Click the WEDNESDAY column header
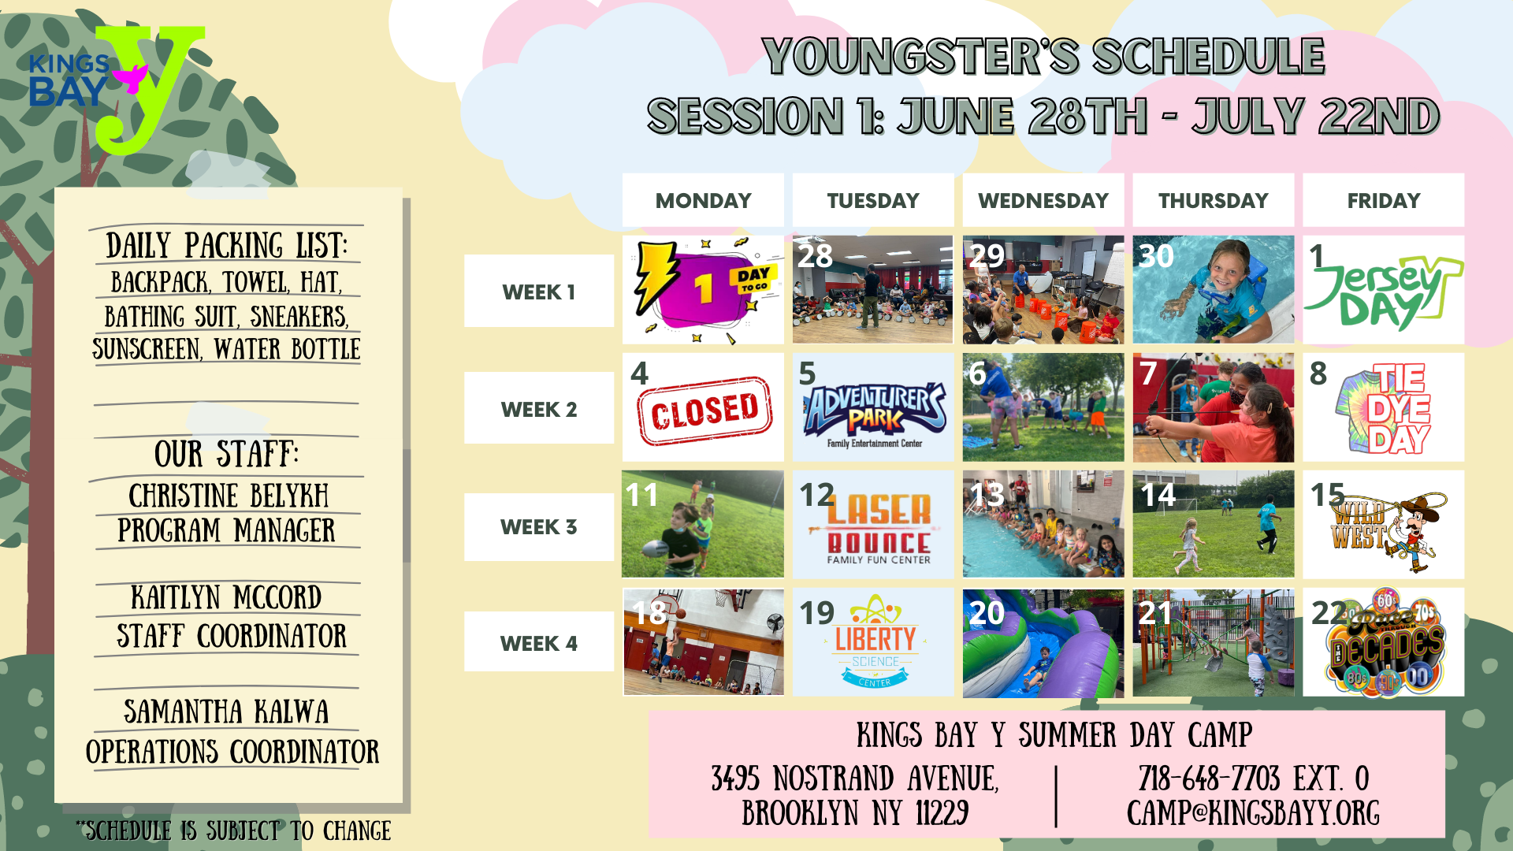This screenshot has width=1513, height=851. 1043,200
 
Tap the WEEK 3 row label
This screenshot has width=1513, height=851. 539,526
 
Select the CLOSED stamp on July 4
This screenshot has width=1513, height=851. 704,411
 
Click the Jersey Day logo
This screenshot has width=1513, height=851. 1384,292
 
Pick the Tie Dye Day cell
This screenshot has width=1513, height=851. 1384,407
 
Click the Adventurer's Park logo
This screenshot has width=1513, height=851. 875,414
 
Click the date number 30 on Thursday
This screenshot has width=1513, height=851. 1156,256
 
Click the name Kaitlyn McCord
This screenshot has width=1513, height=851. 226,597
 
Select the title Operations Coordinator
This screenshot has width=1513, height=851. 232,752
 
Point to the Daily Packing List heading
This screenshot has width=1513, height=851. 226,246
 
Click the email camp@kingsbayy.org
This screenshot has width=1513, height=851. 1253,813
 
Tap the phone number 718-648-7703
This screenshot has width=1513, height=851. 1209,779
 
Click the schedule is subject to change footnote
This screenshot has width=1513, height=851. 233,831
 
